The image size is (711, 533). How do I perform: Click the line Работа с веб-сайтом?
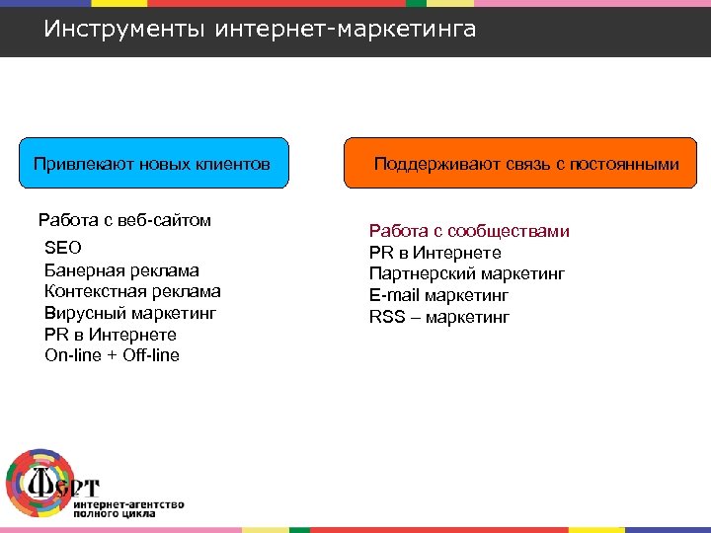pos(124,220)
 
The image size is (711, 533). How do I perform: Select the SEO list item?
pos(63,248)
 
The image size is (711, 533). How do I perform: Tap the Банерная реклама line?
pos(121,269)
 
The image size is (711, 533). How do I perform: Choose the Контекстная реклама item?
pos(132,291)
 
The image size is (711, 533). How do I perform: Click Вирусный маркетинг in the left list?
pos(129,313)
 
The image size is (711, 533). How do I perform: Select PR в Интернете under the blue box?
pos(111,335)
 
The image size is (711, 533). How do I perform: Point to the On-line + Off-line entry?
pos(112,355)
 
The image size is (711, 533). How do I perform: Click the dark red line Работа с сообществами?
pos(469,231)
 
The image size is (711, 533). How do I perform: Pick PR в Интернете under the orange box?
pos(435,253)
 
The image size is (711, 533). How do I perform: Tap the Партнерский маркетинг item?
pos(467,274)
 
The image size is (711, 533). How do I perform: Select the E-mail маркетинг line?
pos(439,295)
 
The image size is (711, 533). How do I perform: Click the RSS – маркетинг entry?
pos(439,317)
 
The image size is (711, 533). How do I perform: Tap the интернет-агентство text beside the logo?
pos(128,504)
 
